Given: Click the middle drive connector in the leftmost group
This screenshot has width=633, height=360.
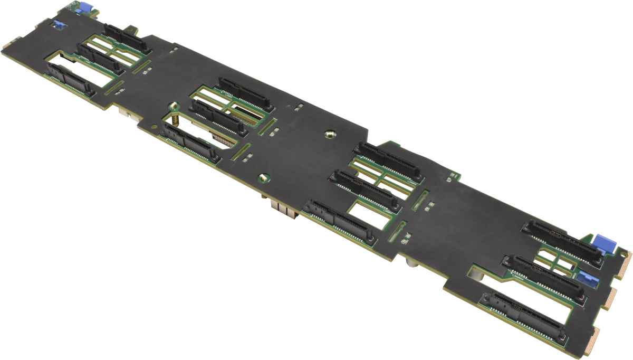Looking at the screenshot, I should [x=99, y=58].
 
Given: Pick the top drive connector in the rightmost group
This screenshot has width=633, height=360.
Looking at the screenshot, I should [x=562, y=242].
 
